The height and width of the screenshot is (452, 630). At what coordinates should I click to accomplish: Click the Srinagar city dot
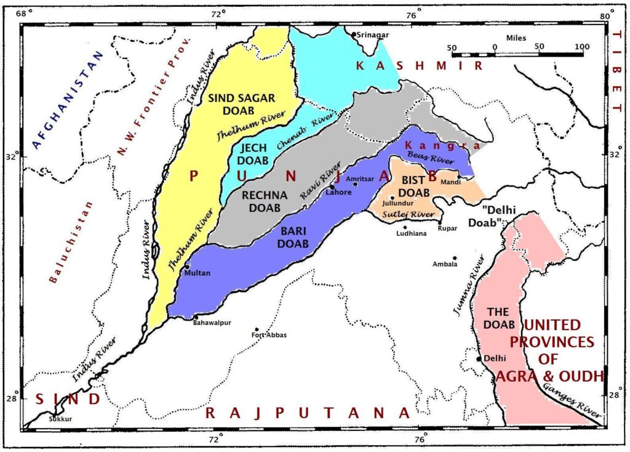354,34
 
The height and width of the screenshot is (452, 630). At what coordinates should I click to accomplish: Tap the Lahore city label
339,192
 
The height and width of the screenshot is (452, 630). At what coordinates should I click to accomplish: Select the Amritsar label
360,179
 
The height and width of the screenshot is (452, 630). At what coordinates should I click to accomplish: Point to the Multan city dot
187,267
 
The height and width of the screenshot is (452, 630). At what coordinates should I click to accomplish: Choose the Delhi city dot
479,358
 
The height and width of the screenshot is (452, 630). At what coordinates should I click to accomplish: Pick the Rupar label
447,228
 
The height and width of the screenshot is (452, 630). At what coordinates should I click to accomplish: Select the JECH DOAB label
253,155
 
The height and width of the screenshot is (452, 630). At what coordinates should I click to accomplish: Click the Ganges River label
572,402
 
